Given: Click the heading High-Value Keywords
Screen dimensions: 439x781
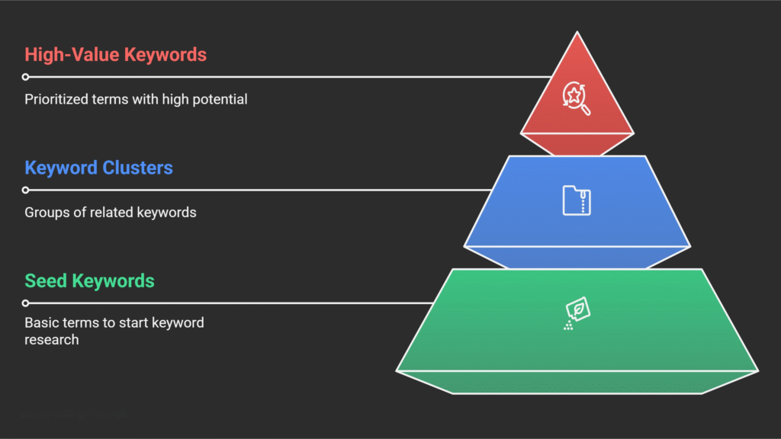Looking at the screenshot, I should pos(115,55).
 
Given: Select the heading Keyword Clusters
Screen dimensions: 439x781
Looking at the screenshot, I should pos(98,168).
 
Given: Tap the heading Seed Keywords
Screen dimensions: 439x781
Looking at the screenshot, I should pos(89,280).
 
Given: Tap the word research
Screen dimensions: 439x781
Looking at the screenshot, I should pos(51,339).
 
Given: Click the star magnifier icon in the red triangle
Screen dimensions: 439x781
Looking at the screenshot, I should pos(577,98).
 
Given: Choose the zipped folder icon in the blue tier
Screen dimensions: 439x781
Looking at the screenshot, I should pos(577,200).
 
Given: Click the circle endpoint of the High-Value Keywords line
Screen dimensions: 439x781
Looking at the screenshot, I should pos(25,77).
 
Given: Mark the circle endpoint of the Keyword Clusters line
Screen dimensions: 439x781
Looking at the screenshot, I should pos(25,190).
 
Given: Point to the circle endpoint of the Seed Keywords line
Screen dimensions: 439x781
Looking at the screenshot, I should pos(25,303).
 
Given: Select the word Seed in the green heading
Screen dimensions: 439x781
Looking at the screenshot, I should pos(46,280).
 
